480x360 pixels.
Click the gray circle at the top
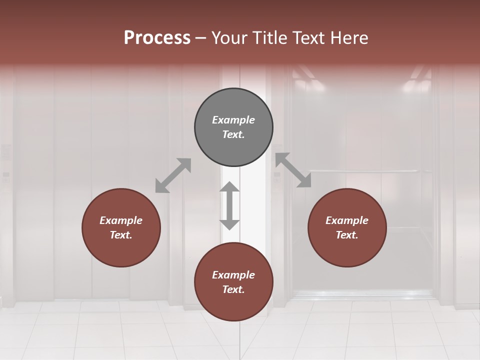[233, 127]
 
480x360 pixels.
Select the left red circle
[121, 227]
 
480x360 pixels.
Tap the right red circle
[347, 227]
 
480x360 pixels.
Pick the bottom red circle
[233, 282]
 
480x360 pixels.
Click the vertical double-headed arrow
[229, 205]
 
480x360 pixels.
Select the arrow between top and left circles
[173, 175]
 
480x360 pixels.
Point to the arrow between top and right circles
[293, 170]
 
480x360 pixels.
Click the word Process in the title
[157, 38]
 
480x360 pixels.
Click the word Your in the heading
[229, 38]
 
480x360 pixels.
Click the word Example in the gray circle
[233, 120]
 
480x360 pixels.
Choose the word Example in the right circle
[347, 220]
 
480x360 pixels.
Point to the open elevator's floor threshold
[363, 295]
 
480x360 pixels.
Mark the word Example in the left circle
[121, 220]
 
